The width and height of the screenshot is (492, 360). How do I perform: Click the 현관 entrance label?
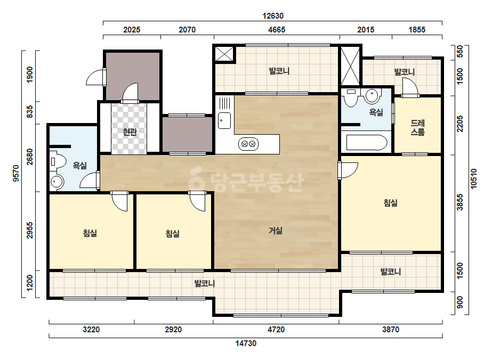coord(130,132)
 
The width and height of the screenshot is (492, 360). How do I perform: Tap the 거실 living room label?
coord(276,231)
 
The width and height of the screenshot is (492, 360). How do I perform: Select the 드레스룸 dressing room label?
coord(417,128)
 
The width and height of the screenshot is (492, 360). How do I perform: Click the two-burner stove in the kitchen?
coord(248,144)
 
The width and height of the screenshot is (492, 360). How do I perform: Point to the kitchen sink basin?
coord(224,120)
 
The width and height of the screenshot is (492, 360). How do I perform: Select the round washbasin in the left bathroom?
coord(57,182)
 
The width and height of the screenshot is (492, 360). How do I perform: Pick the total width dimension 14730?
coord(246,343)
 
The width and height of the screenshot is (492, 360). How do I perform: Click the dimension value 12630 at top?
coord(273,16)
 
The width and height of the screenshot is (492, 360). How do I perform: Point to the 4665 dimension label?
coord(277,30)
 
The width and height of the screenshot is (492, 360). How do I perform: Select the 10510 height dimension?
coord(473,179)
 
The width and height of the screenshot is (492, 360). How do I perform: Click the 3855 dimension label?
coord(459,202)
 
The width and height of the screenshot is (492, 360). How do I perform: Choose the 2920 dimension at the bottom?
coord(174,330)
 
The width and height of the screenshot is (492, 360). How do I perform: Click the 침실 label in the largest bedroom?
coord(391,203)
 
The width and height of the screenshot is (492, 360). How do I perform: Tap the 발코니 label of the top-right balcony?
coord(405,72)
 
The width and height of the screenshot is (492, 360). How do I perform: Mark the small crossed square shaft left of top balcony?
coord(224,54)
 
